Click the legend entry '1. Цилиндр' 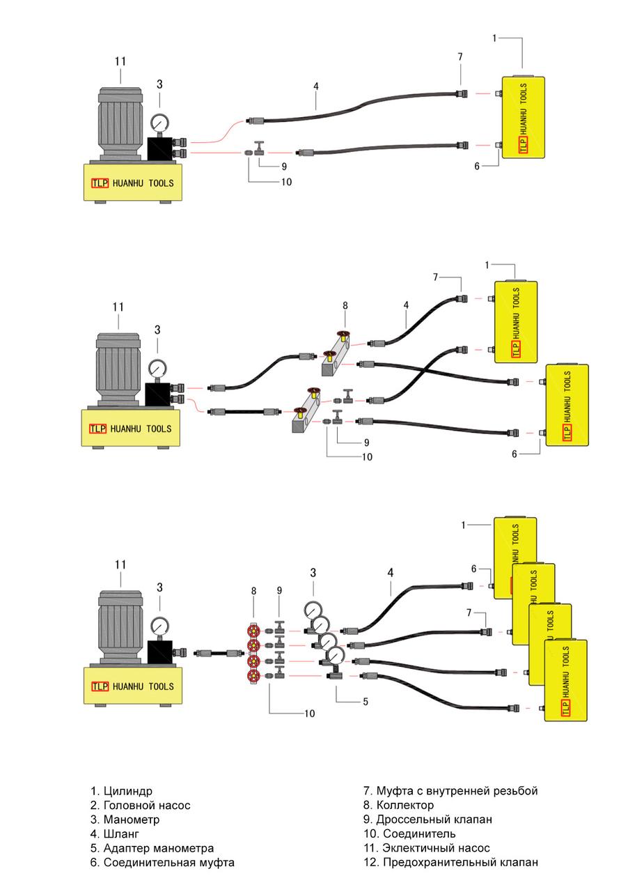tap(121, 791)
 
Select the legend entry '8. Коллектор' tap(398, 805)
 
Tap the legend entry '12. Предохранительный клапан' tap(450, 862)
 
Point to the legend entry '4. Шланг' tap(115, 833)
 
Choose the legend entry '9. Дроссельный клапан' tap(427, 820)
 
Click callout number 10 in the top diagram tap(285, 183)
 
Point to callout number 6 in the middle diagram tap(515, 454)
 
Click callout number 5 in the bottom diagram tap(365, 702)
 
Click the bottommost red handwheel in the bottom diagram tap(253, 676)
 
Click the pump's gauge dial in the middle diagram tap(158, 367)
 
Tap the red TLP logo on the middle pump tap(97, 429)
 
